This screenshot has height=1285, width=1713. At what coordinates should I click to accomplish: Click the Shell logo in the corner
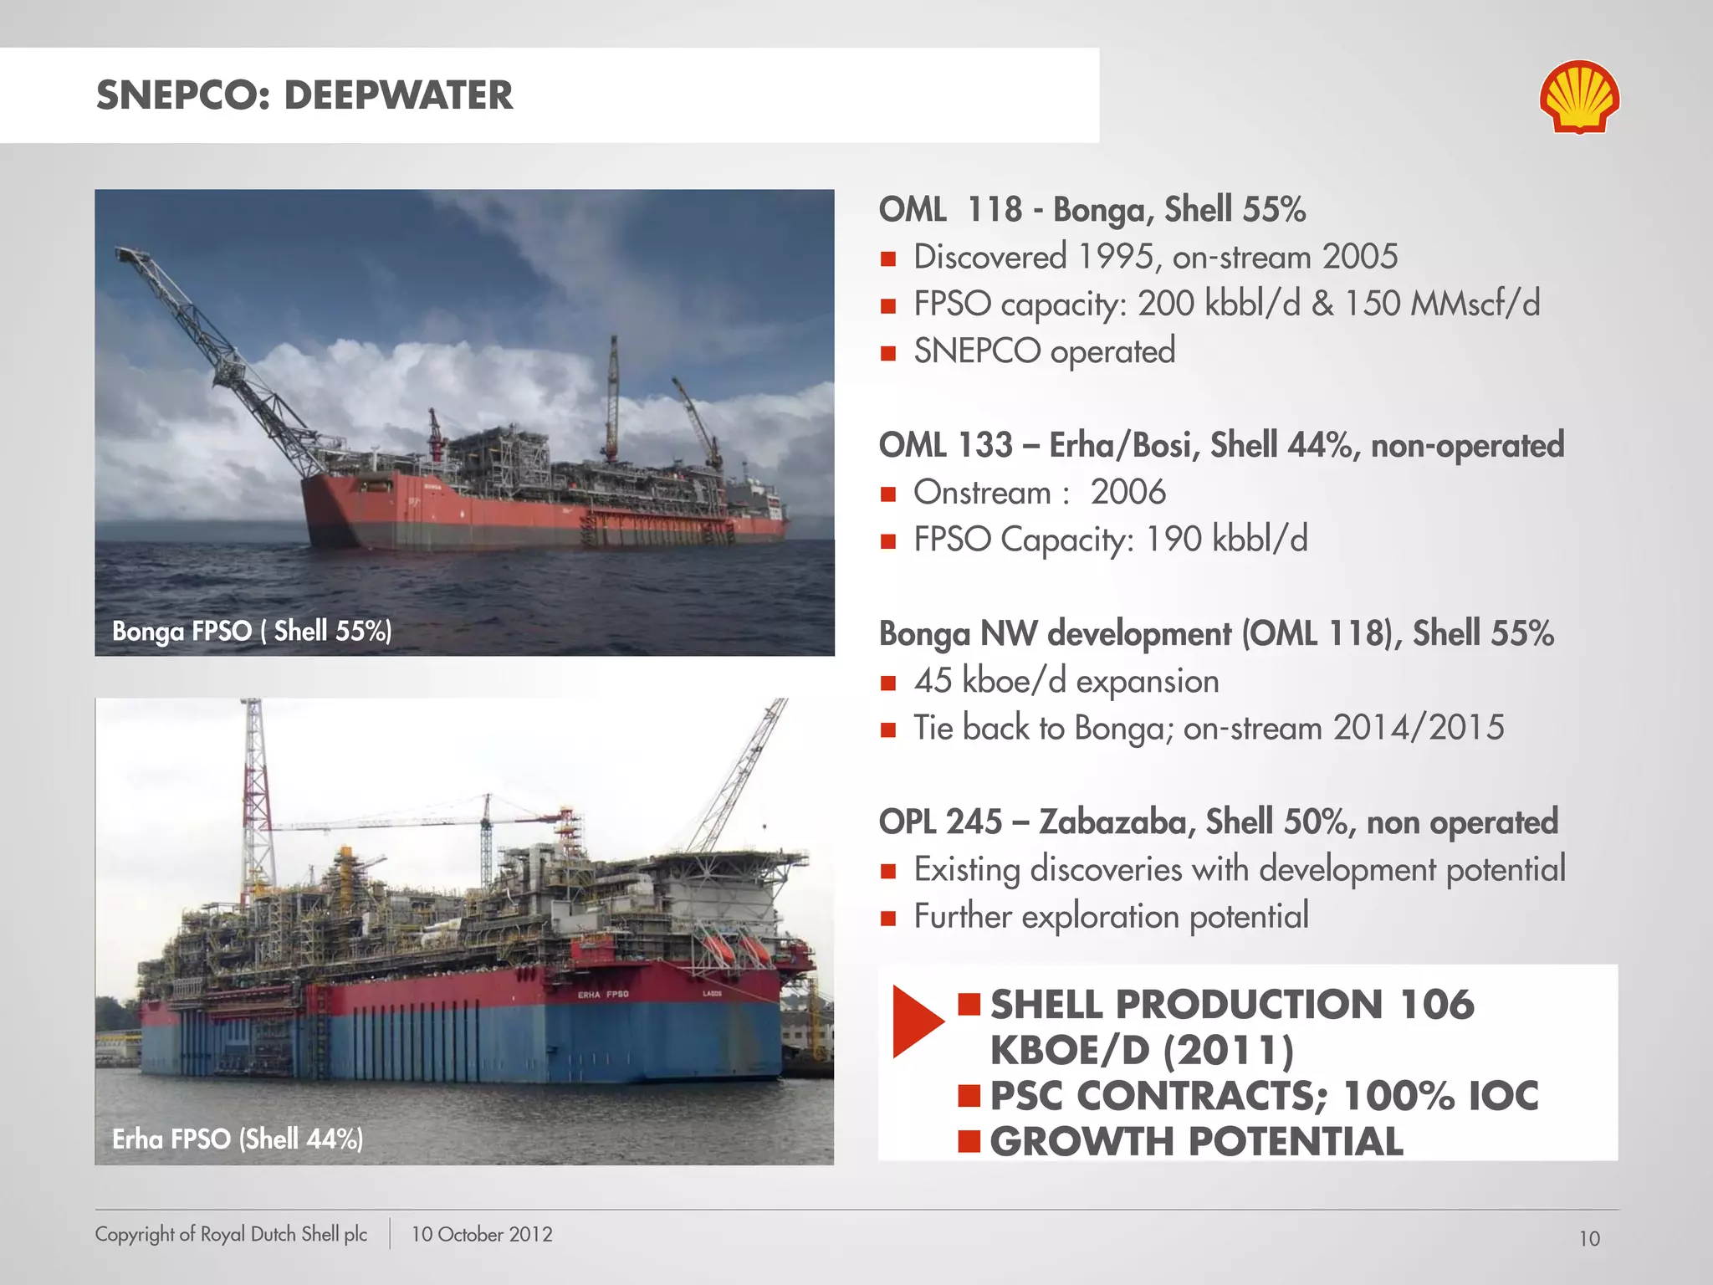(x=1579, y=96)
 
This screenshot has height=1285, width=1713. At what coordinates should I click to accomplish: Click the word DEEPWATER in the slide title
(x=398, y=95)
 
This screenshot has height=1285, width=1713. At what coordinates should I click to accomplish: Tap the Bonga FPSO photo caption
(x=252, y=631)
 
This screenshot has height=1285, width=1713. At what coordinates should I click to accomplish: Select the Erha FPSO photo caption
(x=238, y=1139)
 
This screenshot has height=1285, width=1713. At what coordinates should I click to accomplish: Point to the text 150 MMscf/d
(x=1441, y=304)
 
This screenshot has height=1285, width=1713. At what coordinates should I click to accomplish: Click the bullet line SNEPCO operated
(x=1044, y=351)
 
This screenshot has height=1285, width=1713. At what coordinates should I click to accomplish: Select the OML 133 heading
(x=945, y=445)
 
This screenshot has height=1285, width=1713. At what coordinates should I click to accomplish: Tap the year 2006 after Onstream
(x=1128, y=493)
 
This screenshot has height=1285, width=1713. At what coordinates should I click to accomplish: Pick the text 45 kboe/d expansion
(x=1066, y=681)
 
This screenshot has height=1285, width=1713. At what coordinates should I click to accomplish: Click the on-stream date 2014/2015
(x=1419, y=728)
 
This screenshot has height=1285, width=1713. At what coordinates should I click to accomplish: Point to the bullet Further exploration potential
(x=1111, y=917)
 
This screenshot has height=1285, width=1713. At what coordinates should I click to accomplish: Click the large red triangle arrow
(x=917, y=1021)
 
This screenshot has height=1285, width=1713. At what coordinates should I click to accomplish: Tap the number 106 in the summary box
(x=1436, y=1004)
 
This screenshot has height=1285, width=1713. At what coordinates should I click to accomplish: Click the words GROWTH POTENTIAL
(x=1196, y=1142)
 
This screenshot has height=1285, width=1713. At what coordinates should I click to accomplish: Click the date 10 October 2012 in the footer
(x=482, y=1235)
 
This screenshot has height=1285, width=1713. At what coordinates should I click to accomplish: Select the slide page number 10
(x=1589, y=1239)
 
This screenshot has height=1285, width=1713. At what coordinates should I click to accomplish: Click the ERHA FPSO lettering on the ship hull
(x=603, y=995)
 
